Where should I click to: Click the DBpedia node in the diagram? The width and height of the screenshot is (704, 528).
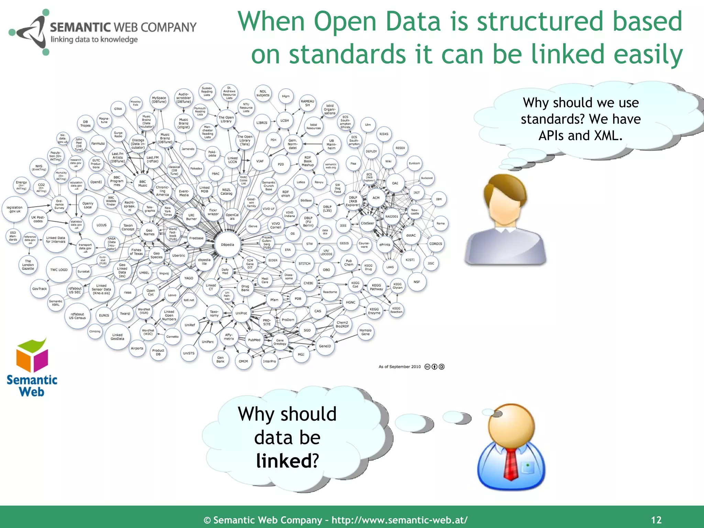[x=228, y=245]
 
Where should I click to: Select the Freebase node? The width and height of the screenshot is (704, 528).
[x=196, y=238]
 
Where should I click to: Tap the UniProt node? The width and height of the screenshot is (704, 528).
[x=241, y=313]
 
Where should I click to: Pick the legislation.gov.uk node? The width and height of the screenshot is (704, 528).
[x=15, y=209]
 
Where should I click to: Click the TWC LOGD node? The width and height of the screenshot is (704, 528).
[x=59, y=270]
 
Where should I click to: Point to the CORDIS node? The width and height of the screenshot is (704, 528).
[x=436, y=244]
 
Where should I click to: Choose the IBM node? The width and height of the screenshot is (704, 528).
[x=439, y=199]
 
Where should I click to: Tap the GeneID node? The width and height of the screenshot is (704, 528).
[x=325, y=346]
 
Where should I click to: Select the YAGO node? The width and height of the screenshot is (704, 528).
[x=189, y=278]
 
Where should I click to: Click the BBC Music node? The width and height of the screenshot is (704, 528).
[x=143, y=184]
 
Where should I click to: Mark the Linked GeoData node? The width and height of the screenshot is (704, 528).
[x=117, y=337]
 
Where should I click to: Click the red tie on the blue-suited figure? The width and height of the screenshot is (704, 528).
[x=511, y=462]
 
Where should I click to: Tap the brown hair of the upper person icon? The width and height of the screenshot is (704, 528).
[x=504, y=189]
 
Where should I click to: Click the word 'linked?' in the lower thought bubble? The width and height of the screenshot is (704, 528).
[x=287, y=461]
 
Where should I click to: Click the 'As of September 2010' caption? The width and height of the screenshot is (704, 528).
[x=399, y=367]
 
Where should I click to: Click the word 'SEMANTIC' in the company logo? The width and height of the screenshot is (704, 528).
[x=80, y=27]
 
